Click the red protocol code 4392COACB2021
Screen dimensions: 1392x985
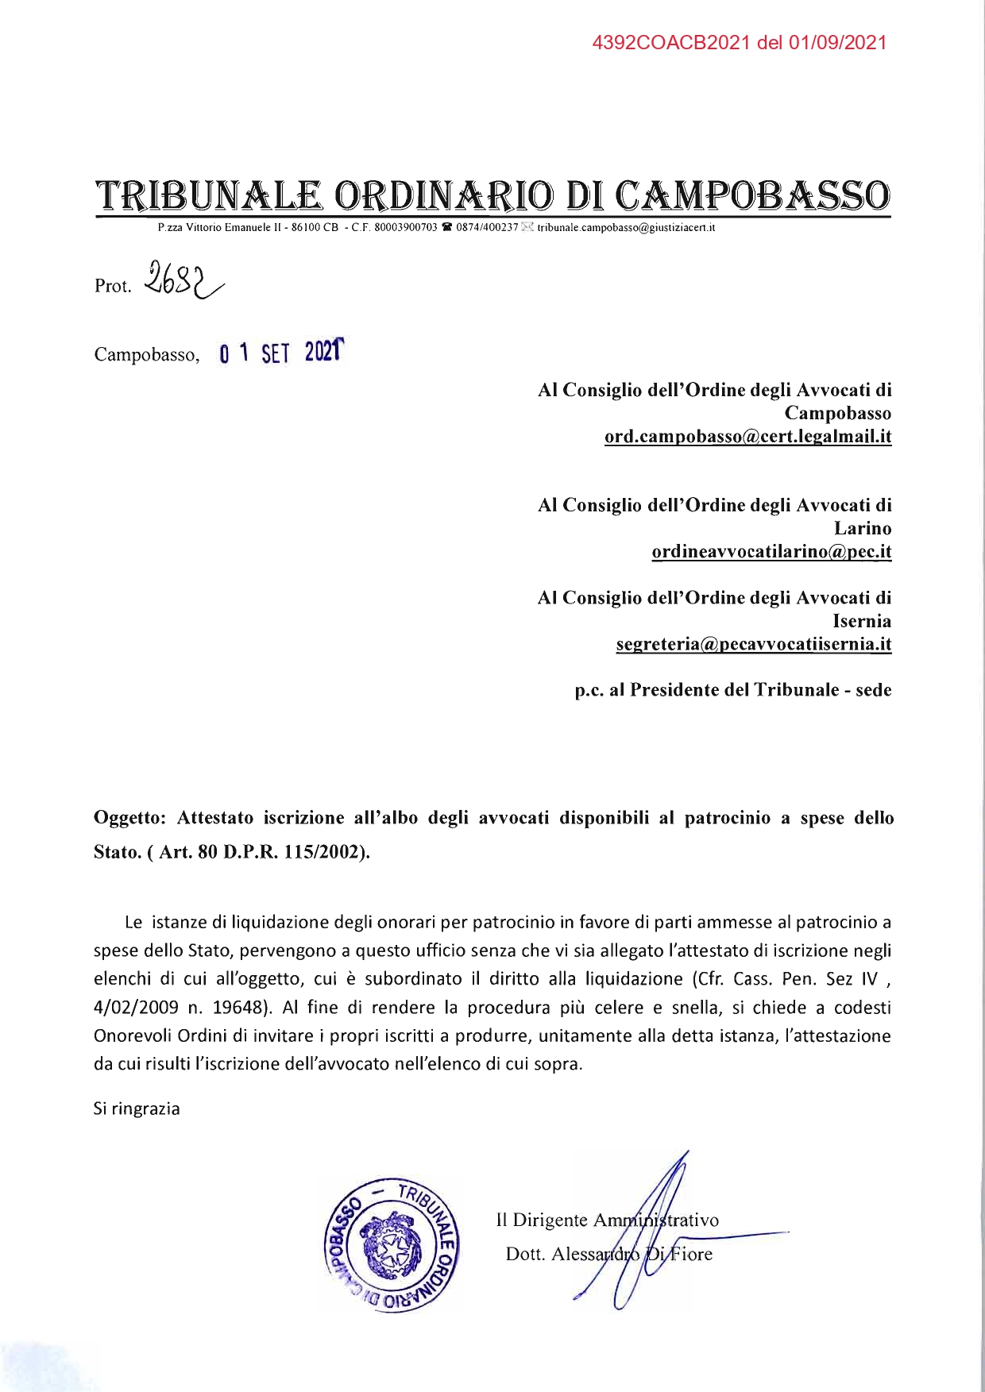[x=672, y=43]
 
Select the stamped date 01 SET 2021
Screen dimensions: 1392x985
[x=282, y=352]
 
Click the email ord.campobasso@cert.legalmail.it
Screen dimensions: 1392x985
[x=747, y=437]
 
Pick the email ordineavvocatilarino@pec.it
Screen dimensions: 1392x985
[x=771, y=552]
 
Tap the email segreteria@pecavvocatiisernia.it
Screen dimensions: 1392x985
[x=753, y=645]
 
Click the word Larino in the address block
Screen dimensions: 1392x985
[x=863, y=528]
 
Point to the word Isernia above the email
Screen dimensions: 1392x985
[x=862, y=621]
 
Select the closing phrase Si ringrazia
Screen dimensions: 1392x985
[x=137, y=1109]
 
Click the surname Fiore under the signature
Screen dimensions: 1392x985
[x=689, y=1255]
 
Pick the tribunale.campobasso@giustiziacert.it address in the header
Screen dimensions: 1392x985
[x=627, y=228]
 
